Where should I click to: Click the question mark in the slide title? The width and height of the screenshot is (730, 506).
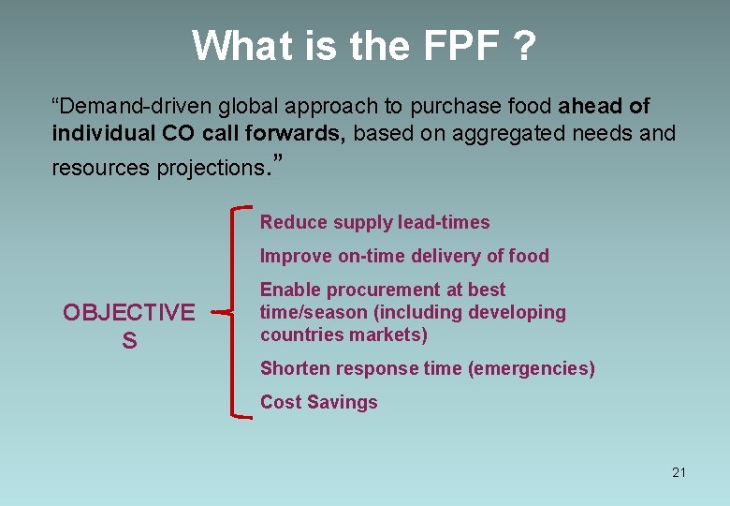coord(525,45)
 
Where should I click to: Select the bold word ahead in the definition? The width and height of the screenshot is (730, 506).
coord(587,107)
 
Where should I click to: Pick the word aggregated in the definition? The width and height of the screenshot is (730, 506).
coord(509,133)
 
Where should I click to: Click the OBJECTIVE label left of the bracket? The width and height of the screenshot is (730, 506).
coord(129,312)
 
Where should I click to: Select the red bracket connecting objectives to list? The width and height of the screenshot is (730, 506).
coord(234,312)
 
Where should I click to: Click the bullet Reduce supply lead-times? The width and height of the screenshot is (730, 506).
coord(374,222)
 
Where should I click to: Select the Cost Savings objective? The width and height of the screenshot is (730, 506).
coord(318,402)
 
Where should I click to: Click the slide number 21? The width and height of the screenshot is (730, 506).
coord(679,472)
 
